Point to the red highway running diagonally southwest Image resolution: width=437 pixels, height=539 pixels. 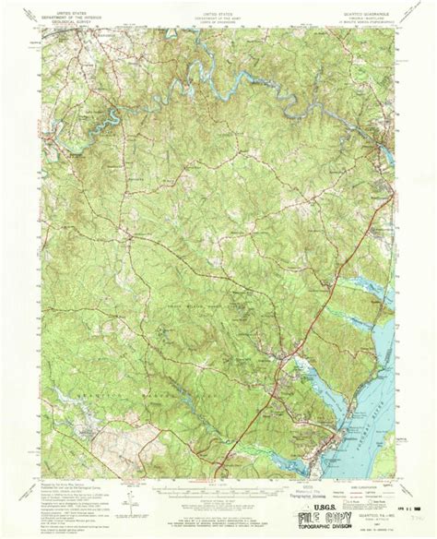click(x=304, y=314)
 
